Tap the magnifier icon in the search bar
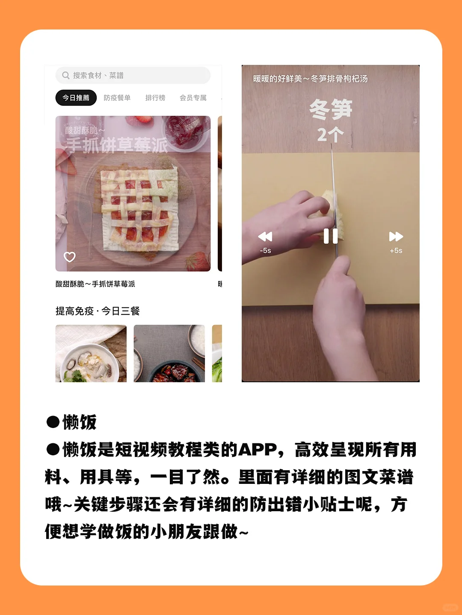[65, 75]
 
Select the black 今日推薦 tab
[76, 98]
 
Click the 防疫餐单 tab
[117, 98]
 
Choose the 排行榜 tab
[155, 98]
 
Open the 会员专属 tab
[193, 98]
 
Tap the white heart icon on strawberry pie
[69, 257]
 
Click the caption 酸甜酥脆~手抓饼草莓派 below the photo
[95, 284]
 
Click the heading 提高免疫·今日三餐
[98, 311]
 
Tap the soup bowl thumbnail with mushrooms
[91, 354]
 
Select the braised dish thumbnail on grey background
[169, 354]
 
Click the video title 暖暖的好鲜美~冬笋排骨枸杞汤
[310, 79]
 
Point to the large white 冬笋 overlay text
[331, 109]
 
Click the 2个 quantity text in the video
[330, 135]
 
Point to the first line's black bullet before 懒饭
[53, 422]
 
